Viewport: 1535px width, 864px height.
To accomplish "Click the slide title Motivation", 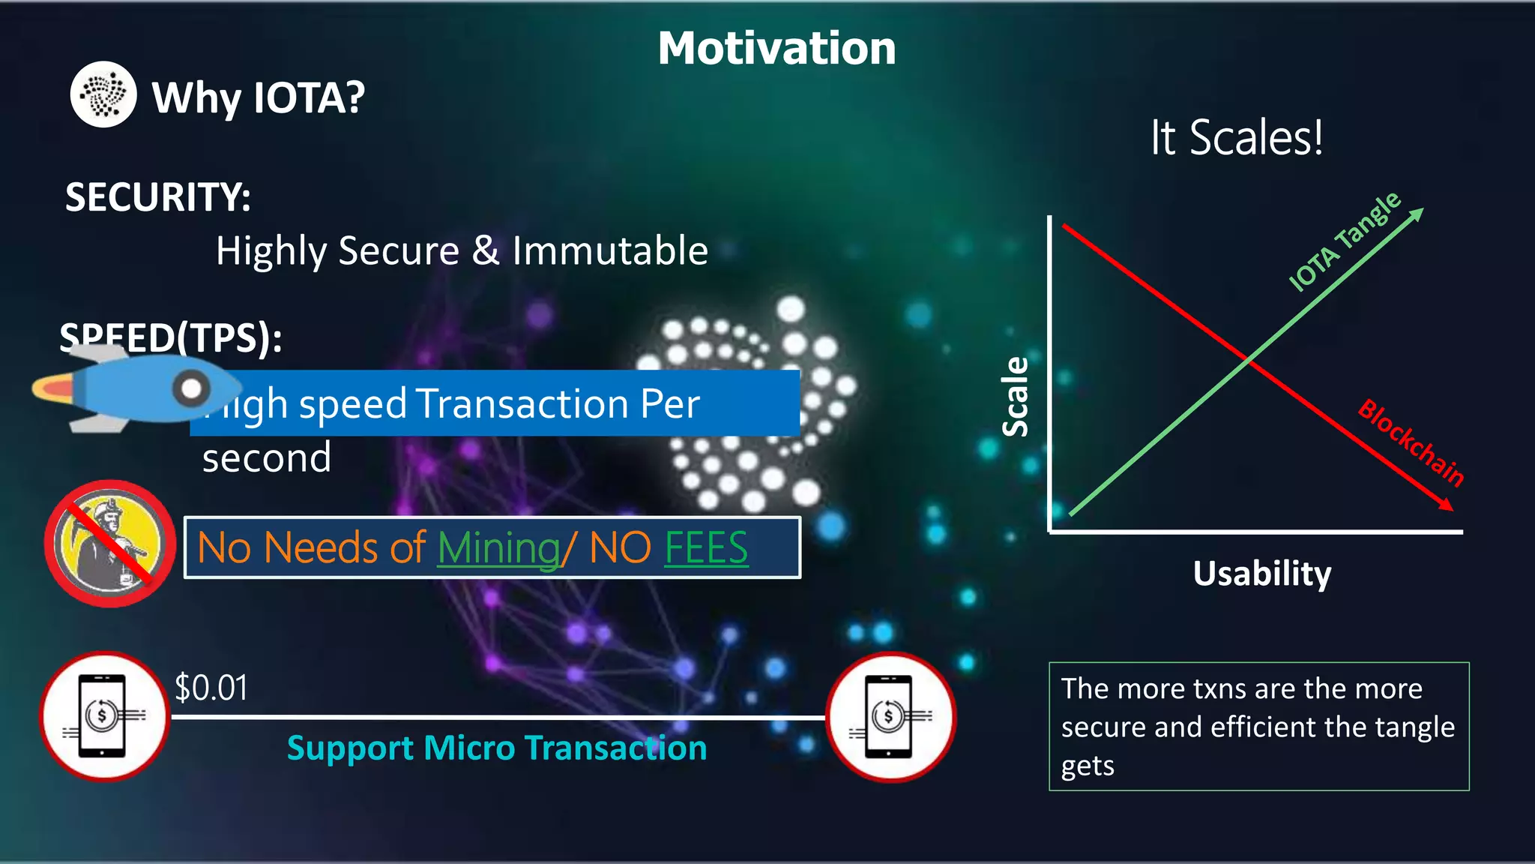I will click(776, 49).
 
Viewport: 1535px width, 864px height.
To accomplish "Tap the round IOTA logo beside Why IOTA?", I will click(103, 94).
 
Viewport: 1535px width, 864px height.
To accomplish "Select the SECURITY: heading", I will click(158, 197).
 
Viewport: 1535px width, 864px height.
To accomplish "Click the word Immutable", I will click(610, 250).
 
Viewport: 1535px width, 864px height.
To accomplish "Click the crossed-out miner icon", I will click(109, 544).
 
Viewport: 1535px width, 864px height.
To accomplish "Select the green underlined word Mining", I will click(498, 548).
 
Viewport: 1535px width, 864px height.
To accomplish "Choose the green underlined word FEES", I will click(706, 548).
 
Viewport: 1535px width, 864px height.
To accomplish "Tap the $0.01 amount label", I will click(211, 688).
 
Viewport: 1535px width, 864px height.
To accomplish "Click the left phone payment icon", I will click(104, 716).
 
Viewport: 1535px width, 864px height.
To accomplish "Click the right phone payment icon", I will click(890, 717).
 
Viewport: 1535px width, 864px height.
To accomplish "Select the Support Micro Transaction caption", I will click(497, 748).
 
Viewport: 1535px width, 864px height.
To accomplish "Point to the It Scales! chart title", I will click(1237, 138).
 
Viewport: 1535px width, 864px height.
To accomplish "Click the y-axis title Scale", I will click(1016, 397).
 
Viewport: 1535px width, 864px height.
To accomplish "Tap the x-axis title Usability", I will click(1262, 574).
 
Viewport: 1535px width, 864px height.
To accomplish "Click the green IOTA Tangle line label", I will click(1345, 241).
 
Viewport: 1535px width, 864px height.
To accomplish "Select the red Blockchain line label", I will click(1411, 442).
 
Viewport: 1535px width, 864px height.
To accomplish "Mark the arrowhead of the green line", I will click(1417, 214).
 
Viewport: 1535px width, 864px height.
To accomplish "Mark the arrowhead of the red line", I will click(1446, 505).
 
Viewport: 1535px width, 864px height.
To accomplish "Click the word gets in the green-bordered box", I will click(1088, 766).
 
